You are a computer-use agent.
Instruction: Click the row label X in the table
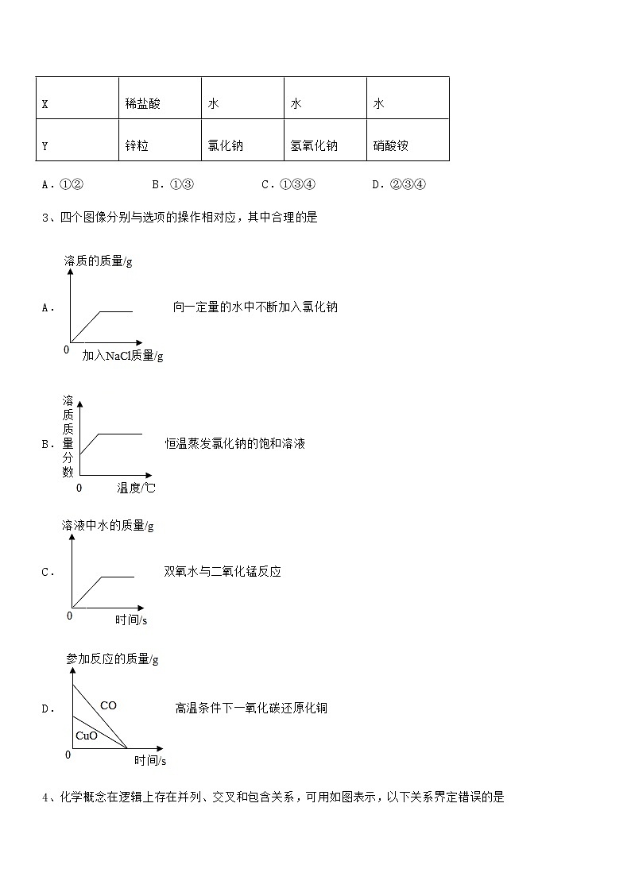tap(45, 104)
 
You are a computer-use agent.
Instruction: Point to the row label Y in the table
tap(45, 146)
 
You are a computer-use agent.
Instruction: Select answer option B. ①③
tap(172, 185)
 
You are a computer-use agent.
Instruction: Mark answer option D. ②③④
tap(399, 185)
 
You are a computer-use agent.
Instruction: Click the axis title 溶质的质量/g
tap(98, 261)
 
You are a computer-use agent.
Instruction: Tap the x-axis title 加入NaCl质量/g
tap(122, 355)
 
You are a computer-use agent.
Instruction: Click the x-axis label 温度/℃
tap(136, 488)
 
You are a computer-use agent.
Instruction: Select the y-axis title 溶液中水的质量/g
tap(107, 525)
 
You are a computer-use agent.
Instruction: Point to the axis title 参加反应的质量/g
tap(112, 658)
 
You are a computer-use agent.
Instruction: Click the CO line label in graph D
tap(108, 705)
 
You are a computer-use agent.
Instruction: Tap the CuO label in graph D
tap(87, 736)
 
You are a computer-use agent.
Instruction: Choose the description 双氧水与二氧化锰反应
tap(223, 571)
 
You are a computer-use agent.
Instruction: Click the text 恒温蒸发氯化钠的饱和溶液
tap(235, 443)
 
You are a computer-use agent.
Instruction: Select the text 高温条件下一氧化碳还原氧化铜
tap(251, 708)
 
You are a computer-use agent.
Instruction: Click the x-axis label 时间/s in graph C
tap(130, 620)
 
